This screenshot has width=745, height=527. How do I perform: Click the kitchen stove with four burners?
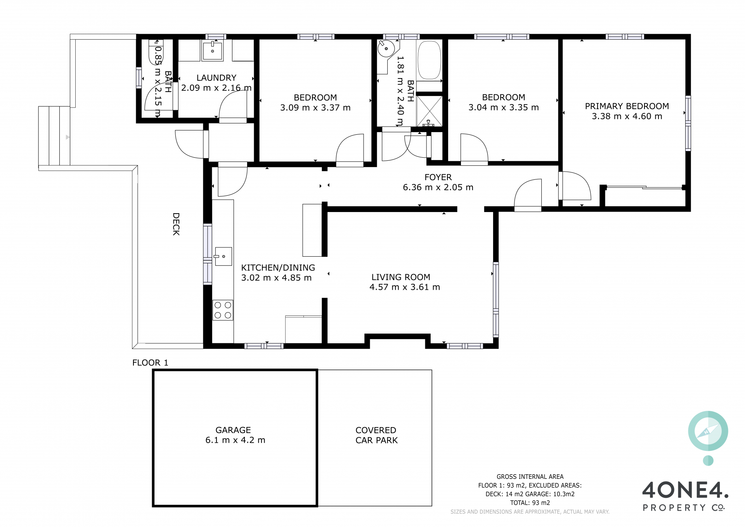point(223,310)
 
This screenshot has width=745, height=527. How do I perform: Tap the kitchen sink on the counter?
point(223,256)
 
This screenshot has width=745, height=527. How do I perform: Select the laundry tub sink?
point(212,51)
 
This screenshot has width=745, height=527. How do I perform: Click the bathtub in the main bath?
point(429,60)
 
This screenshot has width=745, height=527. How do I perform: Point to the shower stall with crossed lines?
point(429,111)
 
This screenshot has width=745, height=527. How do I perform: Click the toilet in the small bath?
point(156,52)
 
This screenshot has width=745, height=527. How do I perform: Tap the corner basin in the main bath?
point(386,49)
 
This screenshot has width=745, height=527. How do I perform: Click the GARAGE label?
point(233,430)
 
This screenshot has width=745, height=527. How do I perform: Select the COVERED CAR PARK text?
point(376,435)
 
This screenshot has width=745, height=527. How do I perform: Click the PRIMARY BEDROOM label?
point(627,106)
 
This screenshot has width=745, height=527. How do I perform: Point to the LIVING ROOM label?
point(401,277)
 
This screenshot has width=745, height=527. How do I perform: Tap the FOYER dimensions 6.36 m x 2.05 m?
point(438,187)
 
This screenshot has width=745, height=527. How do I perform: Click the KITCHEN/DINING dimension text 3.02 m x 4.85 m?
point(276,278)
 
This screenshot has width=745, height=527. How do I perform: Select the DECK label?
point(176,224)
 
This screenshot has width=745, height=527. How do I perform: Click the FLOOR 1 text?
point(150,363)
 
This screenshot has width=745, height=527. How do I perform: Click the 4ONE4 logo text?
point(685,490)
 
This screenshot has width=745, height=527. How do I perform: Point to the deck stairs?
point(54,136)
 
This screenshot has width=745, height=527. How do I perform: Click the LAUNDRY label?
point(216,78)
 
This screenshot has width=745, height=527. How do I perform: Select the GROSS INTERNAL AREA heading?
point(530,477)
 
